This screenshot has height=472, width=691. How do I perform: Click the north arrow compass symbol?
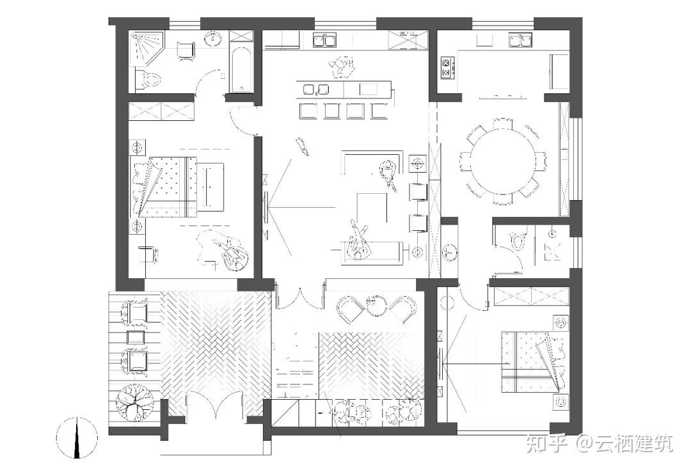point(77,437)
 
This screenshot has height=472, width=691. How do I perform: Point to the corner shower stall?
point(146,47)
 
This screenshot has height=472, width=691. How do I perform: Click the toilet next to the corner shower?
point(148,81)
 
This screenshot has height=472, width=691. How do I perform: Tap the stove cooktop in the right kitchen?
point(447,67)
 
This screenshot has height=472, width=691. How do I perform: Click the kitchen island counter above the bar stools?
point(344,89)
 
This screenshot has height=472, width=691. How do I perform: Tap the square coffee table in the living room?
point(372,207)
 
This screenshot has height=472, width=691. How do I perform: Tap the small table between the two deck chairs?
point(136,336)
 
